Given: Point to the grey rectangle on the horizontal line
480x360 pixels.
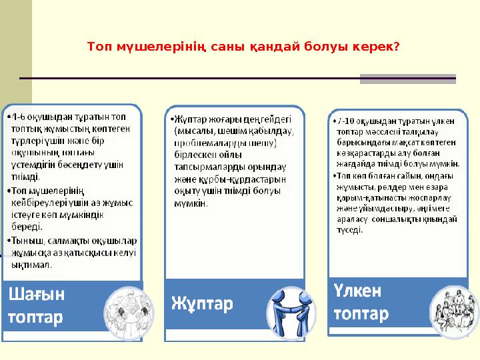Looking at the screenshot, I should coord(407,79).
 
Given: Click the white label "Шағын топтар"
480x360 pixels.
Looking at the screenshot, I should coord(37,305).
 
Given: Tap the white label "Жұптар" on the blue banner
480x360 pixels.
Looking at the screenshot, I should coord(203,304).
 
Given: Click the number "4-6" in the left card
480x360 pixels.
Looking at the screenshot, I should coord(17,117).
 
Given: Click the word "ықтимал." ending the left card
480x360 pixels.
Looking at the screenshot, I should coord(33,265).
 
